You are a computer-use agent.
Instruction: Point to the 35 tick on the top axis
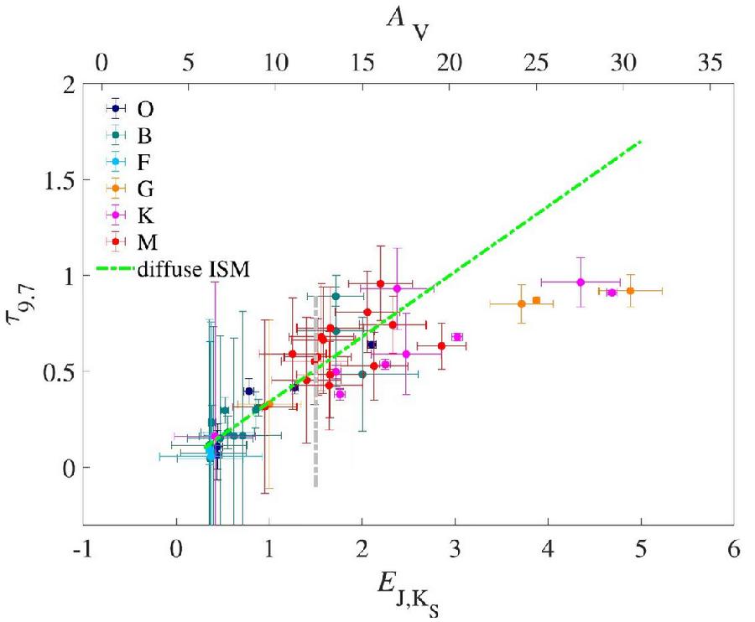point(710,63)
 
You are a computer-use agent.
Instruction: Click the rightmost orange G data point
point(630,291)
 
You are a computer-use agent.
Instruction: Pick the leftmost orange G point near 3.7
point(521,303)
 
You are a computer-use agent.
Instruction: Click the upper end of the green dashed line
point(641,142)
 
